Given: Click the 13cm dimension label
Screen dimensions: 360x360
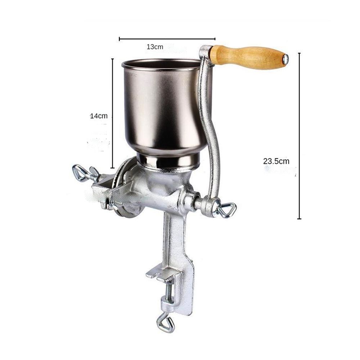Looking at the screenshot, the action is (x=155, y=47).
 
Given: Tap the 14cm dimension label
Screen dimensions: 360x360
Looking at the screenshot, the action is (x=99, y=116).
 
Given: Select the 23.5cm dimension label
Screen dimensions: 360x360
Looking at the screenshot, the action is (x=276, y=161).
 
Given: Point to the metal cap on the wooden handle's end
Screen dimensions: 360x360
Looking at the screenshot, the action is (x=285, y=59).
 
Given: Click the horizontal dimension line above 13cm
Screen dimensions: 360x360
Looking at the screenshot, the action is (x=167, y=39).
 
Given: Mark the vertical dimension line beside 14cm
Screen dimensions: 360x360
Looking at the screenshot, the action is (x=112, y=113).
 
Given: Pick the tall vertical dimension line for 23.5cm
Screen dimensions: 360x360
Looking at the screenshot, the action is (x=299, y=136).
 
